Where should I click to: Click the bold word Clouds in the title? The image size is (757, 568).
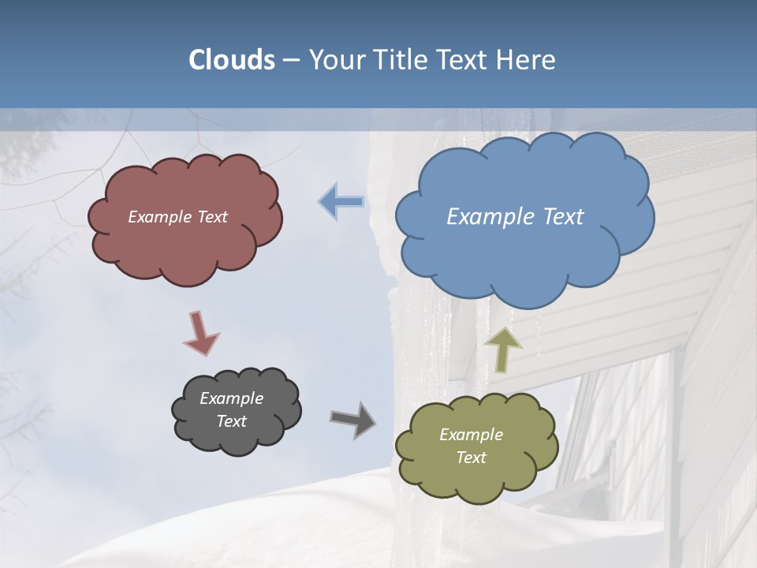pos(231,60)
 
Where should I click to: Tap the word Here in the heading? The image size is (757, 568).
pos(528,60)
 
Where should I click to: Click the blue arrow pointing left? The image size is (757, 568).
pos(342,202)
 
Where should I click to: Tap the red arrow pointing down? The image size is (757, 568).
pos(200,332)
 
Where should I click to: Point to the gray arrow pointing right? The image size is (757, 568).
pos(352,419)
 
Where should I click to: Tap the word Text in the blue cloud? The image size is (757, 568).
pos(561,217)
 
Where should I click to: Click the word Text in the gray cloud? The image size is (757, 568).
pos(231,421)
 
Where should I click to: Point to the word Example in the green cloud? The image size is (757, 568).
pos(471,435)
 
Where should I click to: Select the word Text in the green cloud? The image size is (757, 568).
pos(471,458)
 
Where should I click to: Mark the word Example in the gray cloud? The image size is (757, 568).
pos(231,398)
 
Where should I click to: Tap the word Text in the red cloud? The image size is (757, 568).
pos(211,217)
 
